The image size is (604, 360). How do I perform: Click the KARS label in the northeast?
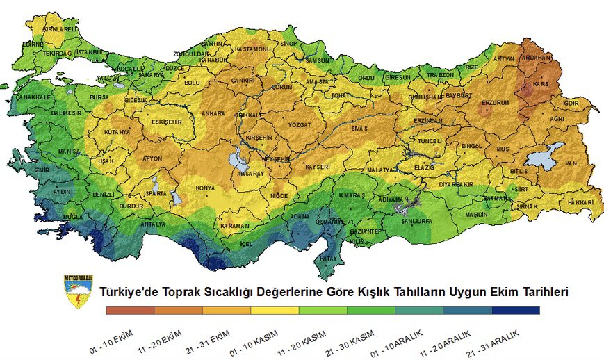[540, 83]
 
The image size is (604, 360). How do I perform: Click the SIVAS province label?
[358, 129]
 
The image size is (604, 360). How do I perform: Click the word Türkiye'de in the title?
[130, 293]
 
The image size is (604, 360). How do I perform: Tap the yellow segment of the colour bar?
[275, 311]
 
